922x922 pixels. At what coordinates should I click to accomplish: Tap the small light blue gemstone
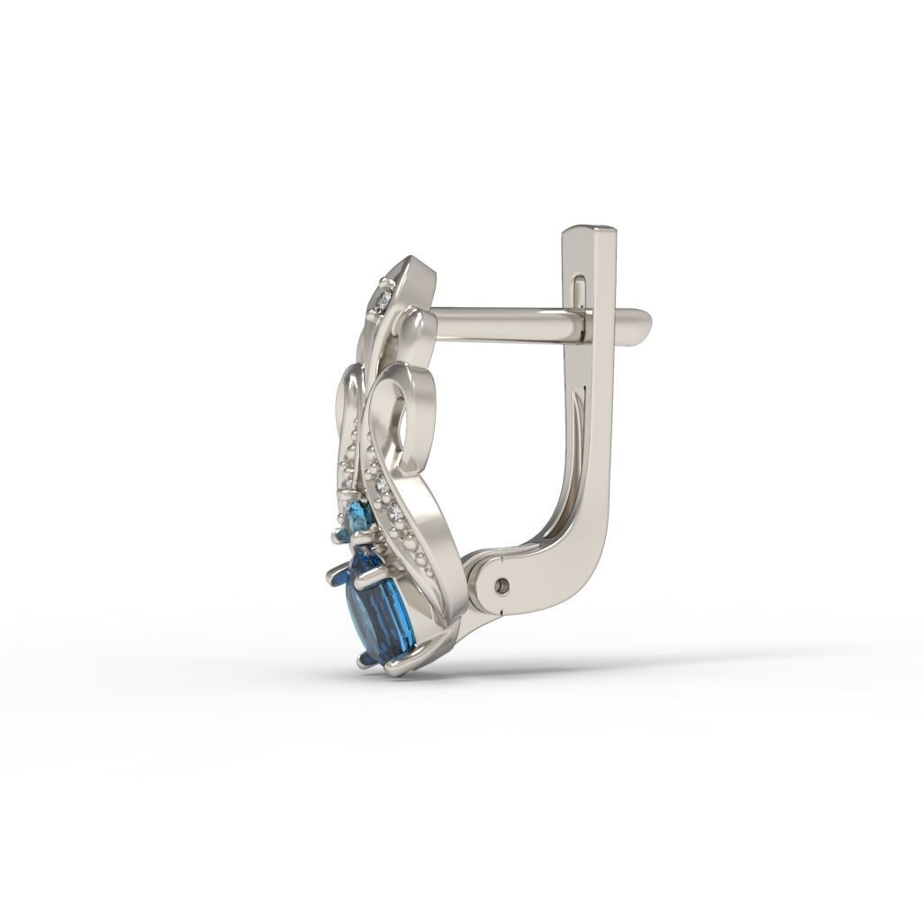359,519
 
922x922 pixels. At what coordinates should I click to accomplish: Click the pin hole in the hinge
502,586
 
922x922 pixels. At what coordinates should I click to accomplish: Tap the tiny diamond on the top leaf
384,298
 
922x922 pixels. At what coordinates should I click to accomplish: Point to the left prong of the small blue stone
339,538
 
